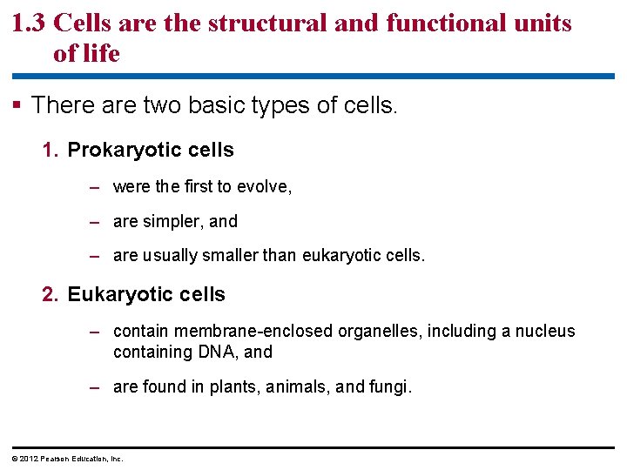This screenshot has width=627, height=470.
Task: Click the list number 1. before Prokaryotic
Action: click(51, 151)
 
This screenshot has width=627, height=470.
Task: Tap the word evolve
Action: click(265, 186)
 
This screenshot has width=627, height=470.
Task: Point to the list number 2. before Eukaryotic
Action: click(51, 295)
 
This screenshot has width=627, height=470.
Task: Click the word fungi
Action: click(389, 387)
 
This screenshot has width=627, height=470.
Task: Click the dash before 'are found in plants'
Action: click(98, 387)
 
